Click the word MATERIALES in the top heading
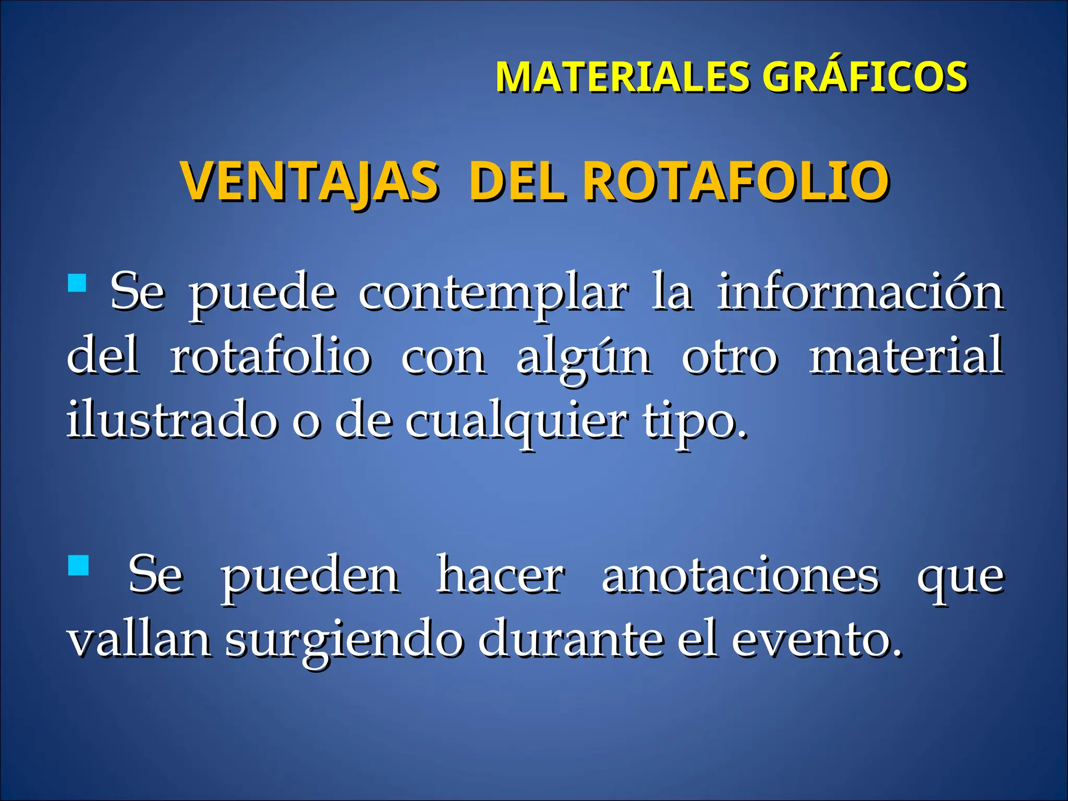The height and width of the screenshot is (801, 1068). tap(623, 77)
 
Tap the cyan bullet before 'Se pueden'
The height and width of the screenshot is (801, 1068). tap(78, 565)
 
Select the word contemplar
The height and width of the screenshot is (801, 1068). tap(493, 293)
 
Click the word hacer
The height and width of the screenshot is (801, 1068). tap(500, 575)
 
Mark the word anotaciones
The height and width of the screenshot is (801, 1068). tap(741, 576)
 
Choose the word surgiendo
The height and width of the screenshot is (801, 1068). tap(344, 641)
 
